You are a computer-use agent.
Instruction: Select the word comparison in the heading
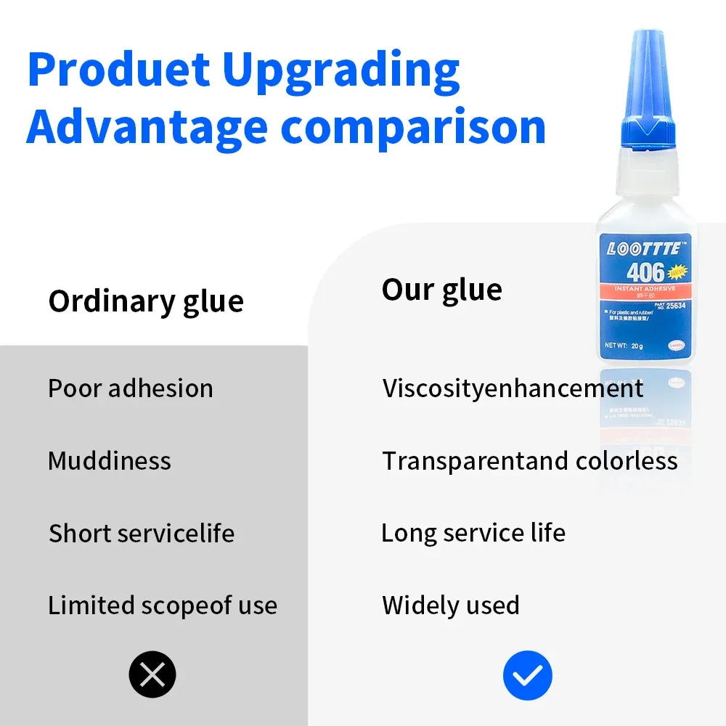coord(413,128)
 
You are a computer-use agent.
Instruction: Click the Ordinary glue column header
coord(146,301)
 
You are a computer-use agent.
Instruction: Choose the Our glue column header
coord(441,290)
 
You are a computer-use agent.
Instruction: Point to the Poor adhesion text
coord(131,388)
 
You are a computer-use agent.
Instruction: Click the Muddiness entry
coord(110,461)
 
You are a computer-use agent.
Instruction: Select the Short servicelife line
coord(142,534)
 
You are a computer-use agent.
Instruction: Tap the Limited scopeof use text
coord(163,605)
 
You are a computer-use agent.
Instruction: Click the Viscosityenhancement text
coord(513,388)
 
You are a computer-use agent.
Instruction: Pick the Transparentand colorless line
coord(530,461)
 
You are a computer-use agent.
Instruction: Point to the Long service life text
coord(473,533)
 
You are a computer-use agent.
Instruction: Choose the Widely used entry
coord(451,605)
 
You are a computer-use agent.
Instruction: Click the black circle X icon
coord(152,675)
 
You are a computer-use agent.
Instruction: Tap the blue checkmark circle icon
coord(528,675)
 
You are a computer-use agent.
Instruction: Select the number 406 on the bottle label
coord(645,272)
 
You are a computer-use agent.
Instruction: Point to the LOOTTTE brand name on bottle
coord(644,249)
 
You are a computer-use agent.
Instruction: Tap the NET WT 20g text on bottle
coord(624,346)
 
